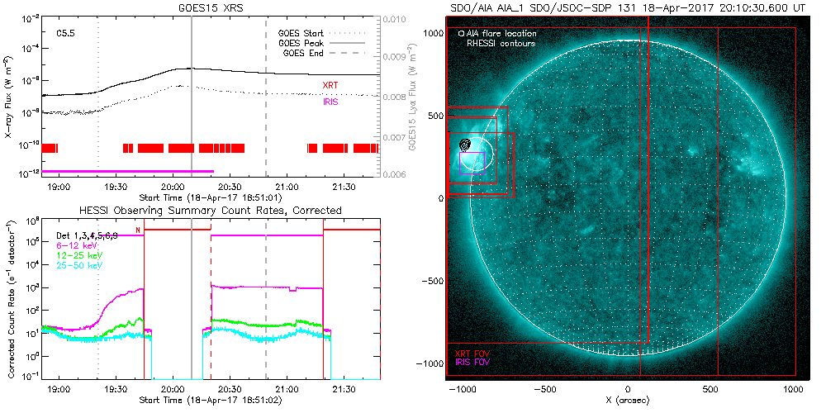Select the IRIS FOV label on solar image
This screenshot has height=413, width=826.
(471, 362)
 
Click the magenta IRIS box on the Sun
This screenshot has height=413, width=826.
(471, 164)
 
